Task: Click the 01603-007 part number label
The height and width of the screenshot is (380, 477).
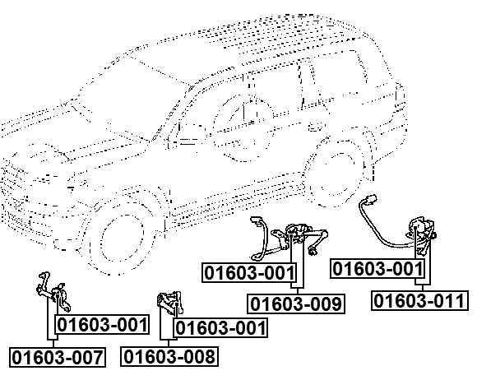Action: click(x=58, y=357)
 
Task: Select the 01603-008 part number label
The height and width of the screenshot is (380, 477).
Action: click(x=169, y=356)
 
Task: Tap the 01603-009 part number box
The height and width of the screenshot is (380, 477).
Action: click(x=296, y=304)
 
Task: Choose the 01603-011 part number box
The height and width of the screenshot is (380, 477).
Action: click(x=419, y=300)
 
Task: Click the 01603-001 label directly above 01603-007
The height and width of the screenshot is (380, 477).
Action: click(x=102, y=325)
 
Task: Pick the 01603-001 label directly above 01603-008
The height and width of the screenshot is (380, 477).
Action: click(x=220, y=328)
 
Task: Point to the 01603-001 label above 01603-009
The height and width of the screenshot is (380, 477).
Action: click(x=249, y=272)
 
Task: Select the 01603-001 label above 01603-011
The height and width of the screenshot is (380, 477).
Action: click(x=377, y=269)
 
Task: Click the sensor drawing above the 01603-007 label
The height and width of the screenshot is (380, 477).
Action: click(x=53, y=292)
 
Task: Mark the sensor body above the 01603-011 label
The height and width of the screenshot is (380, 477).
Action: click(x=422, y=235)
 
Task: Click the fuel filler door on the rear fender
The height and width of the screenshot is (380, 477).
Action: click(x=316, y=127)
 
